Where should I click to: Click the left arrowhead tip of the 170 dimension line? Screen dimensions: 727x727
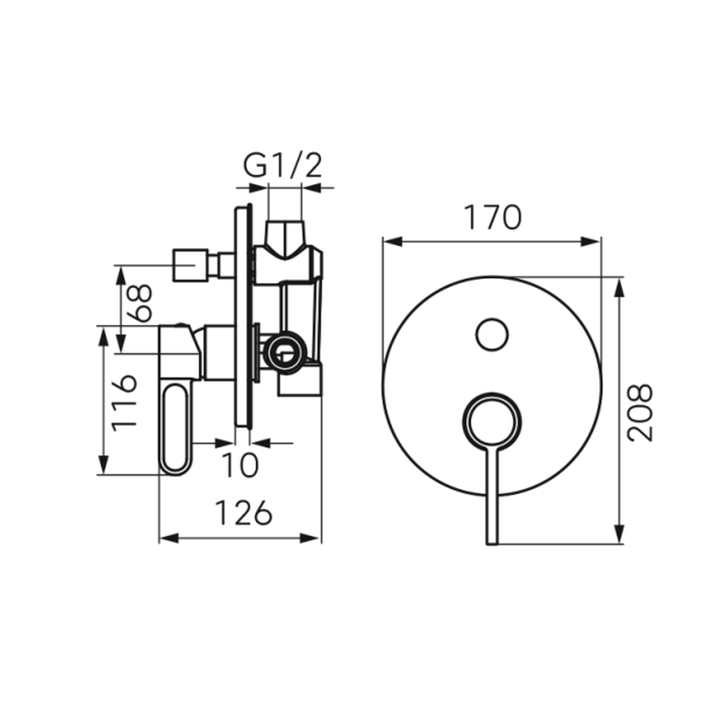point(383,241)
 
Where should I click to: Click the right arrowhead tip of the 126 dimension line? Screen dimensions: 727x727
point(321,538)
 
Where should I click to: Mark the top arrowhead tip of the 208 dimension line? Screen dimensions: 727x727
point(618,278)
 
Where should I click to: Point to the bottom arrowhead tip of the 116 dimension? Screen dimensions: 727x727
point(103,474)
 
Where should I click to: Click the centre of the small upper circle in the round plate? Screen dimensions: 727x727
point(492,334)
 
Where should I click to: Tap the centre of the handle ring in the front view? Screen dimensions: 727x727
point(492,422)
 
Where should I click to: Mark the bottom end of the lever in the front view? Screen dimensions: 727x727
point(492,545)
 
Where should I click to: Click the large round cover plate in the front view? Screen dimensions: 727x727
point(492,386)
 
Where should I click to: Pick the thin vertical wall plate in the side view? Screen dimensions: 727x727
point(243,316)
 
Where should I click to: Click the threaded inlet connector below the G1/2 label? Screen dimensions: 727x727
point(285,238)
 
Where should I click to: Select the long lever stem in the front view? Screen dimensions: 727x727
point(492,496)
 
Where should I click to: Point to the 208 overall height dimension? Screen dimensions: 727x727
point(639,413)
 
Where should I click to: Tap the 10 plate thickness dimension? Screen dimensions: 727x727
point(240,465)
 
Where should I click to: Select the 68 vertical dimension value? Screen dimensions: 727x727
point(139,303)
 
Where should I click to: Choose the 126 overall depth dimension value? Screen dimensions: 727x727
point(244,513)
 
